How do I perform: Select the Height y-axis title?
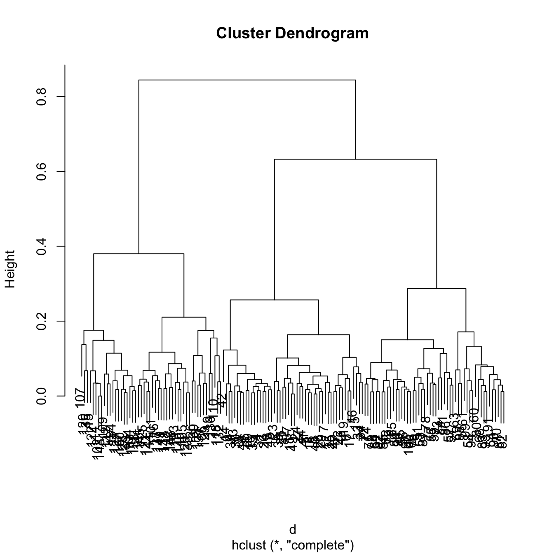coord(10,269)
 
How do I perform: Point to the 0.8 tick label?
coord(41,96)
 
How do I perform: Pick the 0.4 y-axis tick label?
coord(41,246)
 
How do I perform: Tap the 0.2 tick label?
coord(41,321)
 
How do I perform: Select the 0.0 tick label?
coord(41,396)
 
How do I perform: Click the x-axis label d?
coord(293,530)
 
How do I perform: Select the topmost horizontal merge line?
coord(247,80)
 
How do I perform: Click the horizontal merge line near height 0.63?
coord(355,159)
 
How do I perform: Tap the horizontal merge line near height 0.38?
coord(138,254)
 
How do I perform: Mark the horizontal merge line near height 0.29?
coord(437,289)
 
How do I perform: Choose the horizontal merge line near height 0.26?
coord(274,300)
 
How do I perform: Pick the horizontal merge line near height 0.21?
coord(184,317)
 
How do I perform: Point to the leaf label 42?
coord(222,399)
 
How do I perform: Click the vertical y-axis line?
coord(65,231)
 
